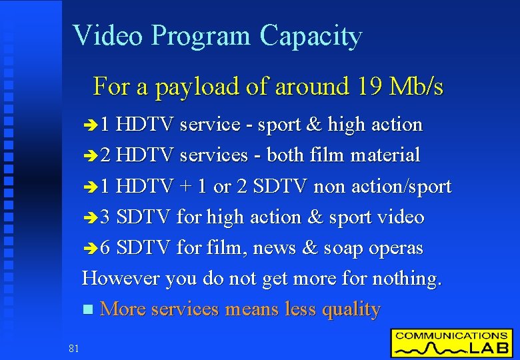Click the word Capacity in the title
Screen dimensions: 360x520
[311, 36]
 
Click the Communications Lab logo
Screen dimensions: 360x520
[451, 343]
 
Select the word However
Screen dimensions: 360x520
[121, 278]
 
